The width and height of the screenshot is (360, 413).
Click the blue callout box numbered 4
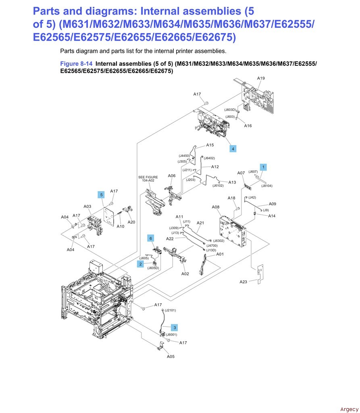pyautogui.click(x=233, y=149)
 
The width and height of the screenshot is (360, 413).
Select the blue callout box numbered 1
pyautogui.click(x=263, y=166)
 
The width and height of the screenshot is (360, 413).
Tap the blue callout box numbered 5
pyautogui.click(x=102, y=195)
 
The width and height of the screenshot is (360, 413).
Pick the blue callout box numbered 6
pyautogui.click(x=151, y=238)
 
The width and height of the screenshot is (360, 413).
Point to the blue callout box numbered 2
pyautogui.click(x=141, y=264)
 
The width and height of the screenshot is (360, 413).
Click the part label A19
pyautogui.click(x=261, y=78)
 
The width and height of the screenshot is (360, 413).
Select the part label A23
pyautogui.click(x=243, y=282)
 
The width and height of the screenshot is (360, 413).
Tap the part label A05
pyautogui.click(x=171, y=357)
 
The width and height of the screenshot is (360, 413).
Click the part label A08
pyautogui.click(x=216, y=207)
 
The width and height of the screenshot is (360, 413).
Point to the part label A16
pyautogui.click(x=248, y=126)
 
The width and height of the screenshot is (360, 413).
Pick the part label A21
pyautogui.click(x=200, y=223)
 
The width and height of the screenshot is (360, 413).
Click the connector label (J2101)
pyautogui.click(x=170, y=310)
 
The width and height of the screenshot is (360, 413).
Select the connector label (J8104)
pyautogui.click(x=266, y=186)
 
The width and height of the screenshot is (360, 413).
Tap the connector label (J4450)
pyautogui.click(x=185, y=156)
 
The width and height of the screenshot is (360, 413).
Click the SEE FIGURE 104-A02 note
pyautogui.click(x=148, y=179)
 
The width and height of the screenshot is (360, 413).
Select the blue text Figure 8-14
pyautogui.click(x=76, y=63)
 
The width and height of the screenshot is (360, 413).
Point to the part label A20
pyautogui.click(x=131, y=222)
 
